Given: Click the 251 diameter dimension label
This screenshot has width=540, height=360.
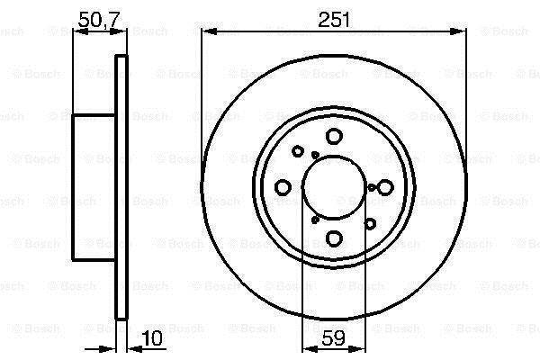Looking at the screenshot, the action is click(x=333, y=20).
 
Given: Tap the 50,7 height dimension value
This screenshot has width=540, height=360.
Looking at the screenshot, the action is click(x=98, y=20).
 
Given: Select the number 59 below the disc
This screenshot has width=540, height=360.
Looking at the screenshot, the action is click(x=333, y=338).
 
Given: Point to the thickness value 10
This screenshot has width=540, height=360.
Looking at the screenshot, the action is click(x=151, y=338).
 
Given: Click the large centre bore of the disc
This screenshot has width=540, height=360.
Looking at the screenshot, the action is click(x=334, y=187).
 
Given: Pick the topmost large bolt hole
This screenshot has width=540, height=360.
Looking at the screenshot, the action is click(x=334, y=136).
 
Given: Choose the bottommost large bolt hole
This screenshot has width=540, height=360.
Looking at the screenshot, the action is click(x=334, y=238).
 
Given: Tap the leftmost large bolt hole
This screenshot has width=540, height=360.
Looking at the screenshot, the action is click(x=283, y=187).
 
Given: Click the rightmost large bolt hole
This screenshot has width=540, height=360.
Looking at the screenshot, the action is click(x=385, y=187).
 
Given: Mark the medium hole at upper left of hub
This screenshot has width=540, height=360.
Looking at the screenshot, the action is click(x=298, y=151).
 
